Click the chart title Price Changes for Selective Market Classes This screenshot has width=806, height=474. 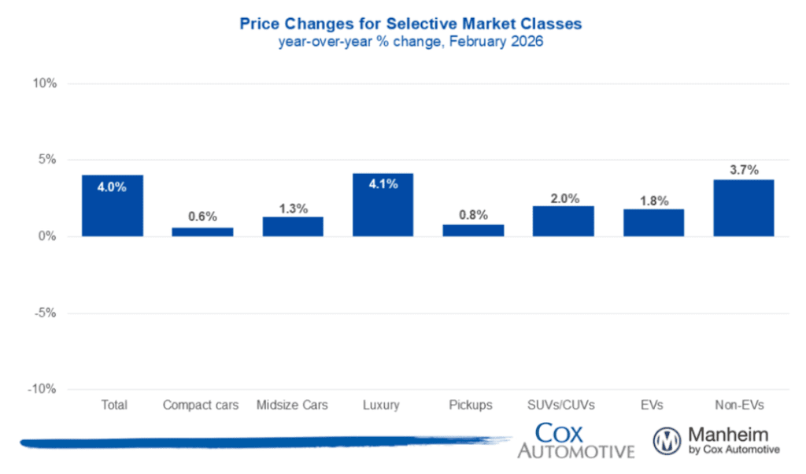[x=410, y=24]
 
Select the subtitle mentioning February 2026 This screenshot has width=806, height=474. [x=410, y=43]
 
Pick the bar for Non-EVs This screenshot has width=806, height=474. [x=743, y=208]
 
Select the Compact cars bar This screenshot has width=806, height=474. [x=202, y=231]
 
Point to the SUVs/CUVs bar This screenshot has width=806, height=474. [x=563, y=221]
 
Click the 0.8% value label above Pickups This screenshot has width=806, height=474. [x=472, y=214]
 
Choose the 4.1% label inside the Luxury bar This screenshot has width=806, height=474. [x=383, y=183]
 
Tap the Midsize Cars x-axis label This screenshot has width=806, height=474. [x=293, y=405]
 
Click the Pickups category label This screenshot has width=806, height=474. [x=472, y=405]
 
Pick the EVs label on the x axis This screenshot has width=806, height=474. [x=653, y=405]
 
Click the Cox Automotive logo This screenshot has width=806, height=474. [x=575, y=441]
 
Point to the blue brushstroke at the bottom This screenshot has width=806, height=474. [x=260, y=443]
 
